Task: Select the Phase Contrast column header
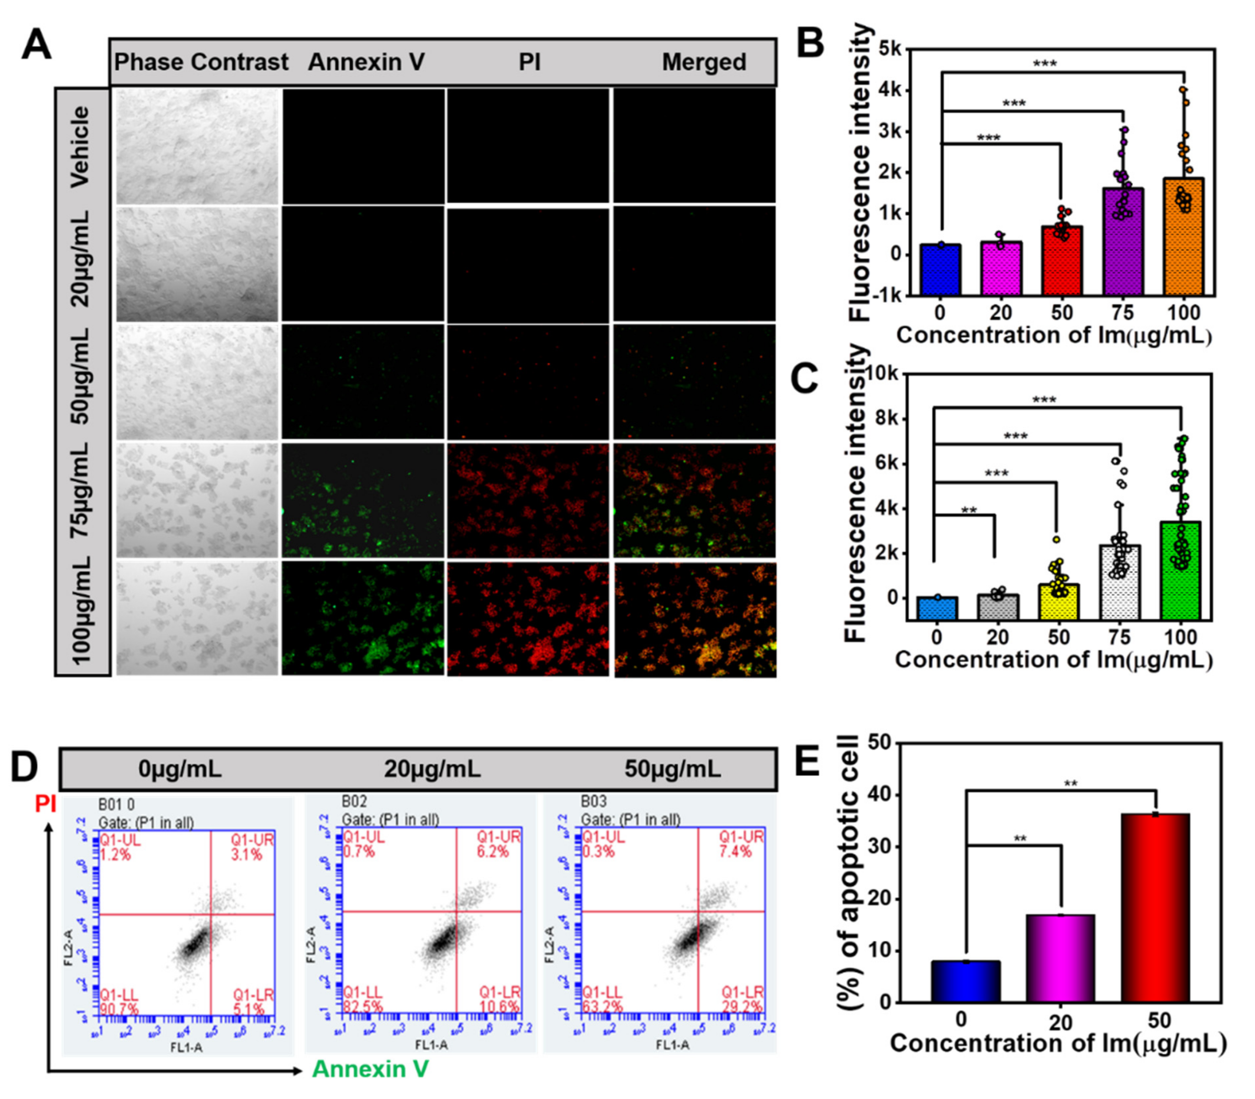click(201, 62)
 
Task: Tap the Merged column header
click(703, 62)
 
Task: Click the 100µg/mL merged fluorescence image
click(695, 619)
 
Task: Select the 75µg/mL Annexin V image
click(363, 501)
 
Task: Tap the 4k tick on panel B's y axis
click(890, 91)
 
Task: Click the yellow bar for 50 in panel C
click(1058, 601)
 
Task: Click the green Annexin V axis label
click(370, 1069)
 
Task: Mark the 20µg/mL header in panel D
click(432, 768)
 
